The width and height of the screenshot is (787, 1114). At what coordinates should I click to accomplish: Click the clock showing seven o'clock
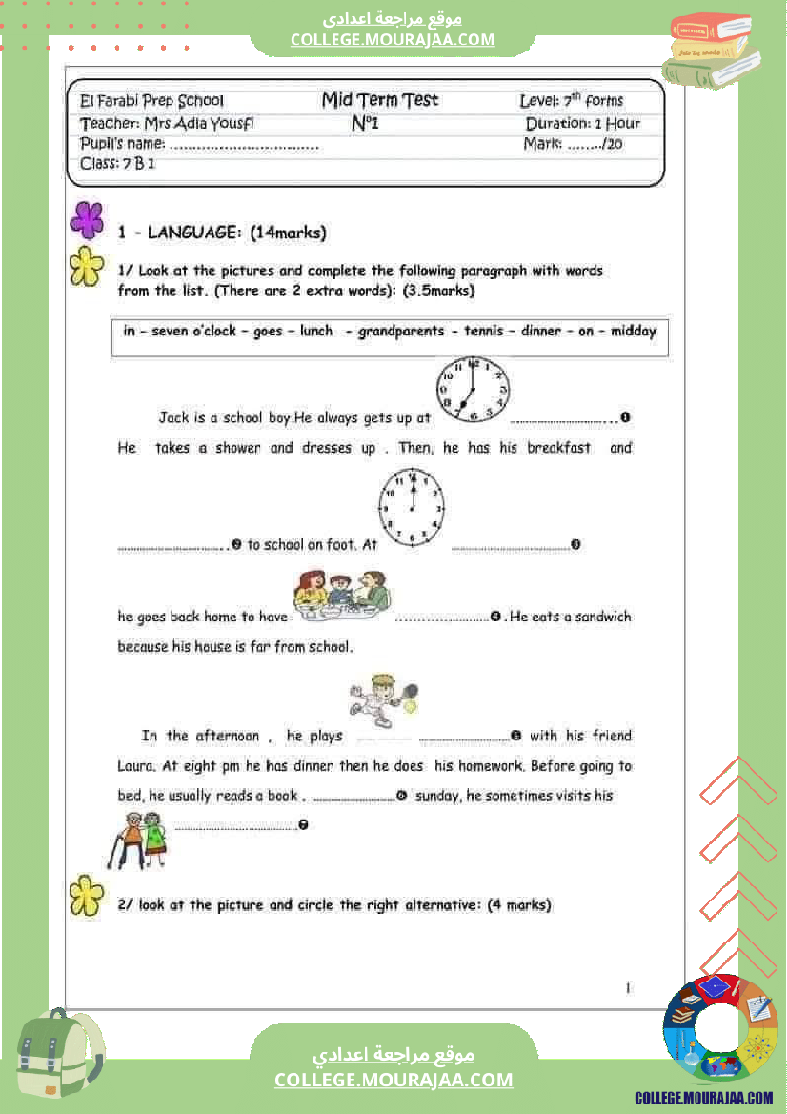click(473, 389)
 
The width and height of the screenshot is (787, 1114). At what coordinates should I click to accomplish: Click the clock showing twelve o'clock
click(413, 506)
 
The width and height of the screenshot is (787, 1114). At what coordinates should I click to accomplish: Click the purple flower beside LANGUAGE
click(87, 219)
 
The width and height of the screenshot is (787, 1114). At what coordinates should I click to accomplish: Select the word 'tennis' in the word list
click(484, 332)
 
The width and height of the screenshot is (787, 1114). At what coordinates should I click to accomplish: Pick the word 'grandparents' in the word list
click(400, 332)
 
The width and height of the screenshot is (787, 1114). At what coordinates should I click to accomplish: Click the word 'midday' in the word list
click(633, 332)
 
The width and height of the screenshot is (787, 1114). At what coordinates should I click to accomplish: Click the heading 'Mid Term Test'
click(380, 100)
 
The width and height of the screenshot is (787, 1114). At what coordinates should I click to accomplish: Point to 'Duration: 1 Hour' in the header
click(582, 123)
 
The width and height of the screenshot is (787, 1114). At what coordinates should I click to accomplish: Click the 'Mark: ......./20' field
click(573, 145)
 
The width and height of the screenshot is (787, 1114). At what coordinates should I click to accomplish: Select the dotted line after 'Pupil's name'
click(244, 146)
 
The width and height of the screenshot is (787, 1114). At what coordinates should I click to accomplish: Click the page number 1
click(628, 988)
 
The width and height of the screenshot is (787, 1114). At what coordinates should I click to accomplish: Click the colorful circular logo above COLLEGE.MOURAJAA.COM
click(719, 1030)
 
